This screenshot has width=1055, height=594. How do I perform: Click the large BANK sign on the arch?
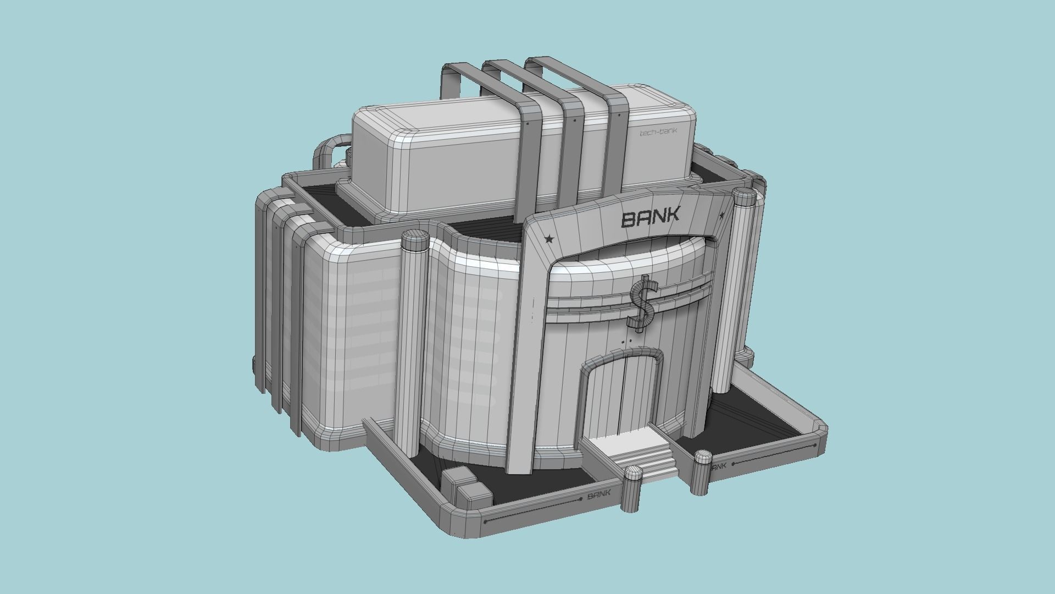tap(651, 217)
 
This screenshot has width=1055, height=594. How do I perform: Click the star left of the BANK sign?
tap(548, 239)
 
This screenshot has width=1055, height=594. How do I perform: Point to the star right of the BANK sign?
tap(722, 215)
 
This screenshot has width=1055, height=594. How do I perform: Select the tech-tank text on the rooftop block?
tap(658, 132)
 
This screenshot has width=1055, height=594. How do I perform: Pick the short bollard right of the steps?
tap(702, 471)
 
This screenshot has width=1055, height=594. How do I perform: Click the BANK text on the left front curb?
tap(599, 494)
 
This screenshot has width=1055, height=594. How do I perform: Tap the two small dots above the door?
tap(626, 342)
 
